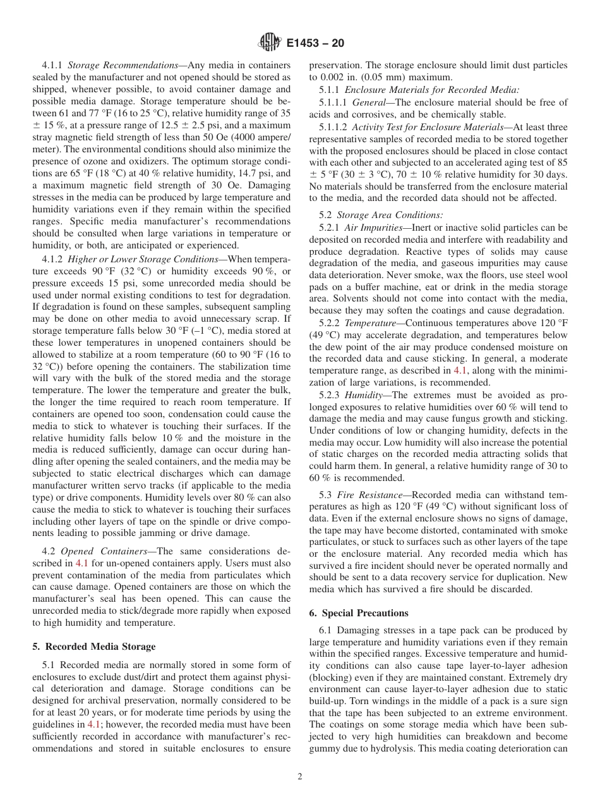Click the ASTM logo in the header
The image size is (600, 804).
coord(270,43)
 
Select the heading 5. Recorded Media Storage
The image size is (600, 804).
coord(93,647)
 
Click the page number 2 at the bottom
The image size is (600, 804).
coord(300,777)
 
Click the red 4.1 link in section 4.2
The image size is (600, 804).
coord(82,563)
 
